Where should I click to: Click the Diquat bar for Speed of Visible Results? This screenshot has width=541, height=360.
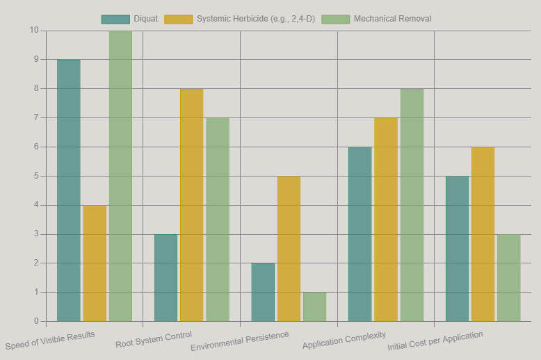68,190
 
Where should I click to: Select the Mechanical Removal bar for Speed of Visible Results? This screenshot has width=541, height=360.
120,176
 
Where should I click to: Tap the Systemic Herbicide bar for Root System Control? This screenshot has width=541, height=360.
191,205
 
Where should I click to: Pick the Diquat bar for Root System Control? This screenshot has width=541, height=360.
165,278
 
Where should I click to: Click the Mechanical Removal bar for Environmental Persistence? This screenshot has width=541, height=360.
314,306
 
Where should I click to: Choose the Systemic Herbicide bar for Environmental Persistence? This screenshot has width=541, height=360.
289,249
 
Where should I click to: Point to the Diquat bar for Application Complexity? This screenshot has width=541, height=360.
360,234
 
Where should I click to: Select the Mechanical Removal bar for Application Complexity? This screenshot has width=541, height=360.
412,205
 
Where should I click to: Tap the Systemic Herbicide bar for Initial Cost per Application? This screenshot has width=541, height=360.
483,234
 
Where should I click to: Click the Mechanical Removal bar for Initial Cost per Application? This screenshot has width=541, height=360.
508,278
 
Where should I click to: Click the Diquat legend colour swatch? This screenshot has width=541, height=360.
115,19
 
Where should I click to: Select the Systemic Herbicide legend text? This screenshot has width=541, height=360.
256,19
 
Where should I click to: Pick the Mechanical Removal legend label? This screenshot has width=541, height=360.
392,19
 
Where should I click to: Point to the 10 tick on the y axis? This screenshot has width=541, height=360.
34,31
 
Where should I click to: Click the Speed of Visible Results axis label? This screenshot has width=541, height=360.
50,341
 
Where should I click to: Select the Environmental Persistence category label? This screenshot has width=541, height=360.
240,341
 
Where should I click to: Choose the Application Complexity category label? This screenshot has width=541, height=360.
344,341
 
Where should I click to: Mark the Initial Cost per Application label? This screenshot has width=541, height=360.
435,341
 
